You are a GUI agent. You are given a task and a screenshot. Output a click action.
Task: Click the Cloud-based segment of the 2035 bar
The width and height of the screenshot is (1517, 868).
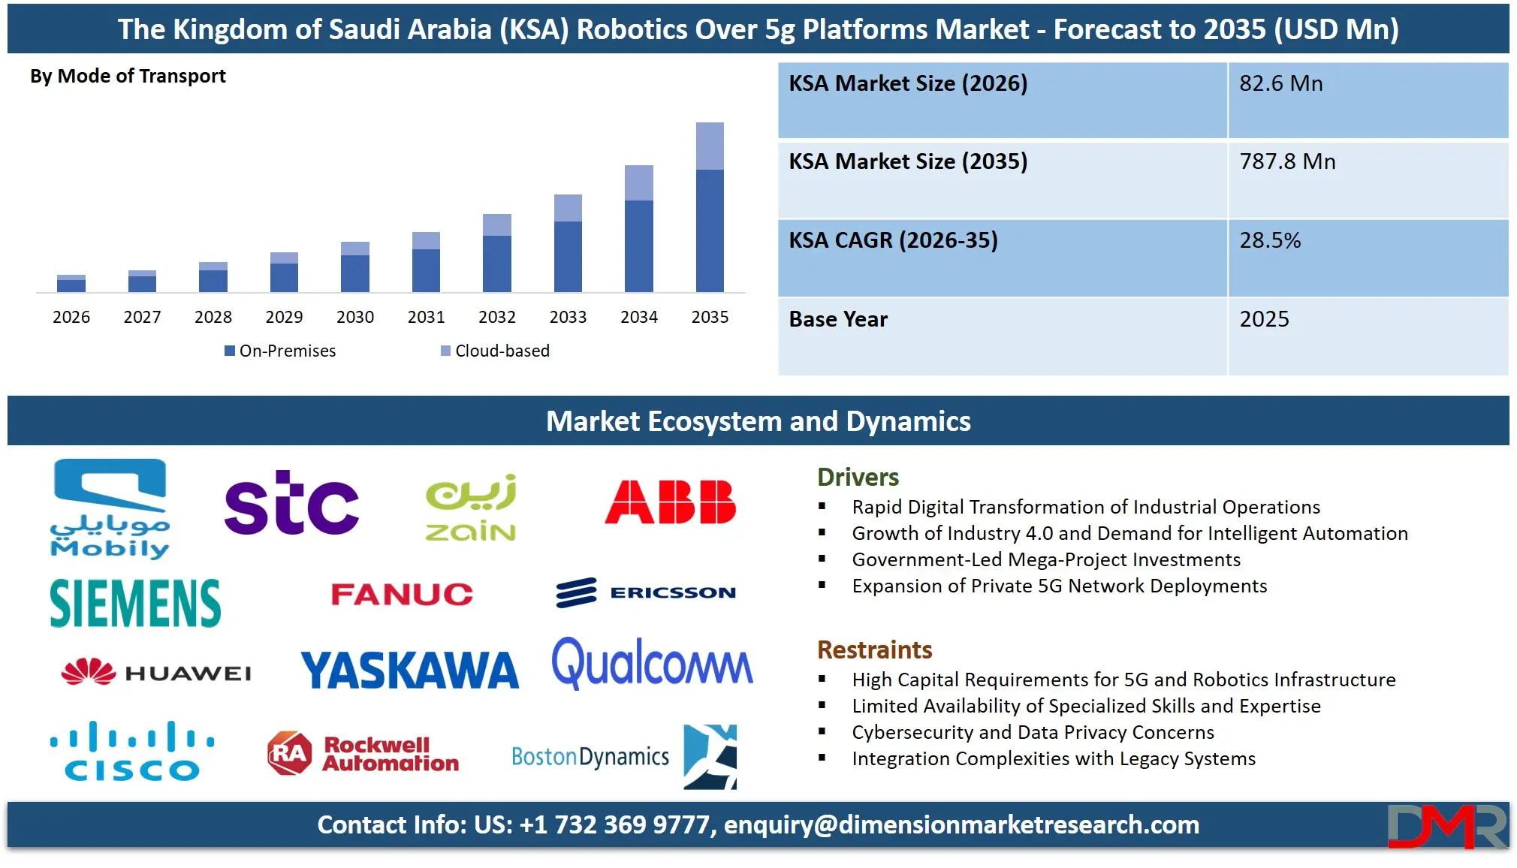tap(710, 146)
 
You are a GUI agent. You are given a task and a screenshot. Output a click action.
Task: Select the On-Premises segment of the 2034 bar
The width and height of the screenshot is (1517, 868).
tap(638, 246)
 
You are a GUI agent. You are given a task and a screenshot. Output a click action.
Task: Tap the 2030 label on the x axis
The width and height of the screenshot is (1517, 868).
tap(355, 317)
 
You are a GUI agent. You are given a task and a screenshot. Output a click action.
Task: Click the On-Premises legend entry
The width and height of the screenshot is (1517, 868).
tap(280, 351)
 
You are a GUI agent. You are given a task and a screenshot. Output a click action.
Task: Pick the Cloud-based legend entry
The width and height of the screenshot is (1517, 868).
tap(496, 351)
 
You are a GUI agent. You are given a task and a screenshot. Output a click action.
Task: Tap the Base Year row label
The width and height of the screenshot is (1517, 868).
tap(838, 319)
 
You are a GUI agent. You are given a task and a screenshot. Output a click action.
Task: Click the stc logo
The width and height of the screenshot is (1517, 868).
tap(291, 503)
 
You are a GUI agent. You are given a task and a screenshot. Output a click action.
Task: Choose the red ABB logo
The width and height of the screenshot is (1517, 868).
tap(670, 502)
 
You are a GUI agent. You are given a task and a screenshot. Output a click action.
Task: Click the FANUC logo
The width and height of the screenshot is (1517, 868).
tap(402, 595)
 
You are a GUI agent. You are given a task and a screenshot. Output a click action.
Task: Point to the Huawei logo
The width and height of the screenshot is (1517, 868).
tap(156, 672)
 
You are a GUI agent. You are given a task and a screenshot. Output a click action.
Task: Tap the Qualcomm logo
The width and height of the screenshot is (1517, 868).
tap(652, 664)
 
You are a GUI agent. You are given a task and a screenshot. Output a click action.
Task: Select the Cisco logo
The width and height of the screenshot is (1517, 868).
tap(132, 751)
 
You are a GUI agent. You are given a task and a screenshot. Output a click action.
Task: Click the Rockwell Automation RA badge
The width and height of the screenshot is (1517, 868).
tap(290, 752)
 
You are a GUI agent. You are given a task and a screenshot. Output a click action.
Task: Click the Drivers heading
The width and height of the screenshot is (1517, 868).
tap(858, 477)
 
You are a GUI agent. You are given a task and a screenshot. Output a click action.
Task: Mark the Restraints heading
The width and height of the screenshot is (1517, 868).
tap(874, 649)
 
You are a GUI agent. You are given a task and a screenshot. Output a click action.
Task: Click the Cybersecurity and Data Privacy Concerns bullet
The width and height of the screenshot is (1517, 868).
tap(1033, 732)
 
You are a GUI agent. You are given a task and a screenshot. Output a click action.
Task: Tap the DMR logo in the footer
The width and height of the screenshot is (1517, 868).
tap(1446, 826)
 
